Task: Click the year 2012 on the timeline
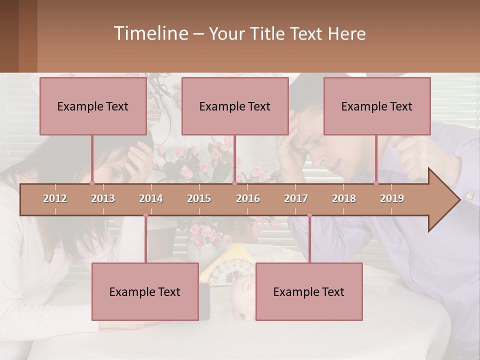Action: (55, 199)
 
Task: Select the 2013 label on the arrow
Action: (103, 199)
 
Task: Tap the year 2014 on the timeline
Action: (151, 199)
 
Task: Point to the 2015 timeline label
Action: (199, 199)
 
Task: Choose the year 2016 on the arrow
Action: (248, 199)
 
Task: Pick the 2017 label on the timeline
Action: (296, 199)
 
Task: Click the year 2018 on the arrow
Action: (344, 199)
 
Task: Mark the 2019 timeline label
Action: (392, 199)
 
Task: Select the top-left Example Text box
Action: (93, 106)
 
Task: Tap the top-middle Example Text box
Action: (235, 106)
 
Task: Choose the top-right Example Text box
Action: (377, 106)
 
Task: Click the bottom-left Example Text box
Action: (145, 291)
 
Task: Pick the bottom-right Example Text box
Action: (309, 291)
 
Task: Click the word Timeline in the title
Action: (150, 33)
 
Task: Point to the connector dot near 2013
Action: (92, 183)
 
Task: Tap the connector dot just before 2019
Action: (376, 183)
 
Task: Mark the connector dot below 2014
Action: (145, 215)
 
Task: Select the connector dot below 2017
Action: (309, 215)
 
